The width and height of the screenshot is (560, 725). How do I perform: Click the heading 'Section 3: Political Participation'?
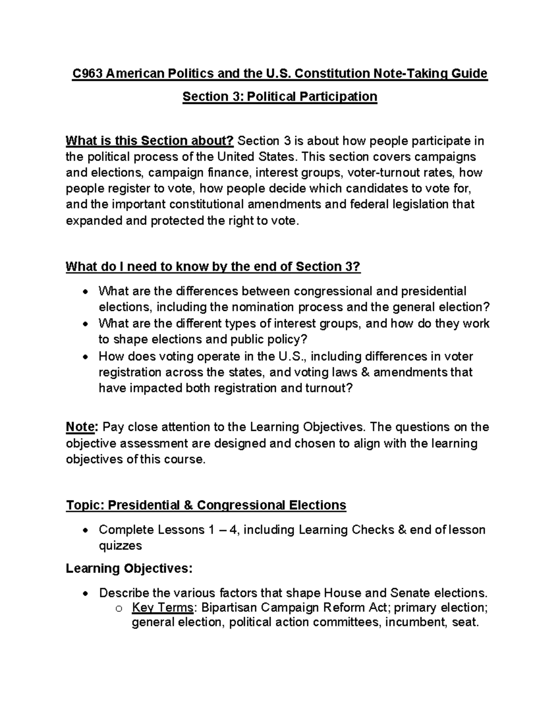click(280, 97)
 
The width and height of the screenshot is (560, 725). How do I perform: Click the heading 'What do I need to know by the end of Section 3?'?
click(213, 267)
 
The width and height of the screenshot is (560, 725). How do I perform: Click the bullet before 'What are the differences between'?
click(84, 292)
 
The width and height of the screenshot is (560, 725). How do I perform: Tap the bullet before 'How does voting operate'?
click(84, 357)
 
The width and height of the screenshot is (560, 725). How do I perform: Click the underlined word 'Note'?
click(81, 427)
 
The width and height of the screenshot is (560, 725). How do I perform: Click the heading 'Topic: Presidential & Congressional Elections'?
click(206, 505)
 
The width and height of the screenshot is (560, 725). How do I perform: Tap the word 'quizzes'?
click(120, 545)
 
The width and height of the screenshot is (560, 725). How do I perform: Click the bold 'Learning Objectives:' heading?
click(129, 569)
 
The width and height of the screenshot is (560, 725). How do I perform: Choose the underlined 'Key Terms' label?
click(162, 607)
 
